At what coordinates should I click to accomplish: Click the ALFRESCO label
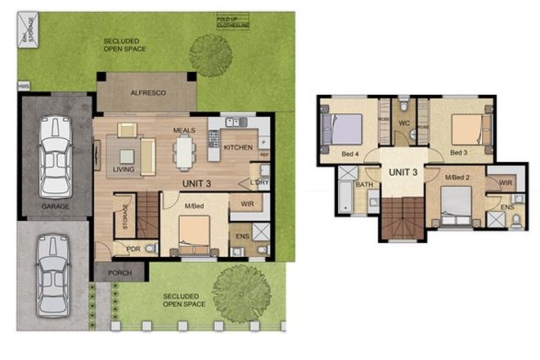tap(148, 93)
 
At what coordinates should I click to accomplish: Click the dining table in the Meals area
tap(184, 151)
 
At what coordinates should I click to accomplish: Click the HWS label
tap(23, 84)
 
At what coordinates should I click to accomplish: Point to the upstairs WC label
tap(403, 124)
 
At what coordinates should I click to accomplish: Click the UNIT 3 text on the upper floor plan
tap(403, 172)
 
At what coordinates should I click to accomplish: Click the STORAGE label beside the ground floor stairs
tap(124, 217)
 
